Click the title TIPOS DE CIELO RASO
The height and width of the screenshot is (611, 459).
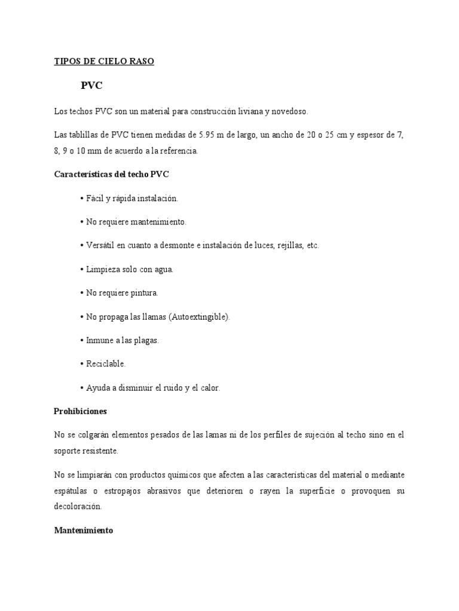(104, 61)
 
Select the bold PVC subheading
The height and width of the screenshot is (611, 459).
(91, 85)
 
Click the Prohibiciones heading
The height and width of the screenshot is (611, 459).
(80, 411)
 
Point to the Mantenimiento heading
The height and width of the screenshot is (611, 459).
(83, 530)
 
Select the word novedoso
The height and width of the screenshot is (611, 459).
(289, 112)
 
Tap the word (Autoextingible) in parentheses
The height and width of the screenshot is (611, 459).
(199, 317)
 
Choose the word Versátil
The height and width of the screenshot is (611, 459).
(101, 245)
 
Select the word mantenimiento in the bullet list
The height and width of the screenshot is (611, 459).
(158, 221)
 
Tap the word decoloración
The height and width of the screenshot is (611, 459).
(78, 506)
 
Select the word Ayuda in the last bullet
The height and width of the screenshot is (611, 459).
(99, 388)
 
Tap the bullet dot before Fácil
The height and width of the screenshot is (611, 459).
(81, 198)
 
